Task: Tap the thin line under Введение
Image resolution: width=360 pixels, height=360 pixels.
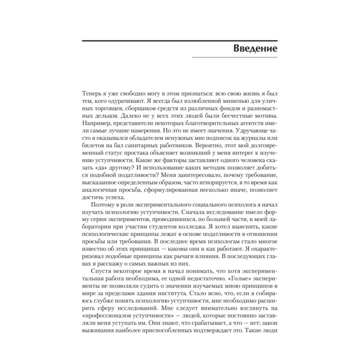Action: pyautogui.click(x=234, y=57)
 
